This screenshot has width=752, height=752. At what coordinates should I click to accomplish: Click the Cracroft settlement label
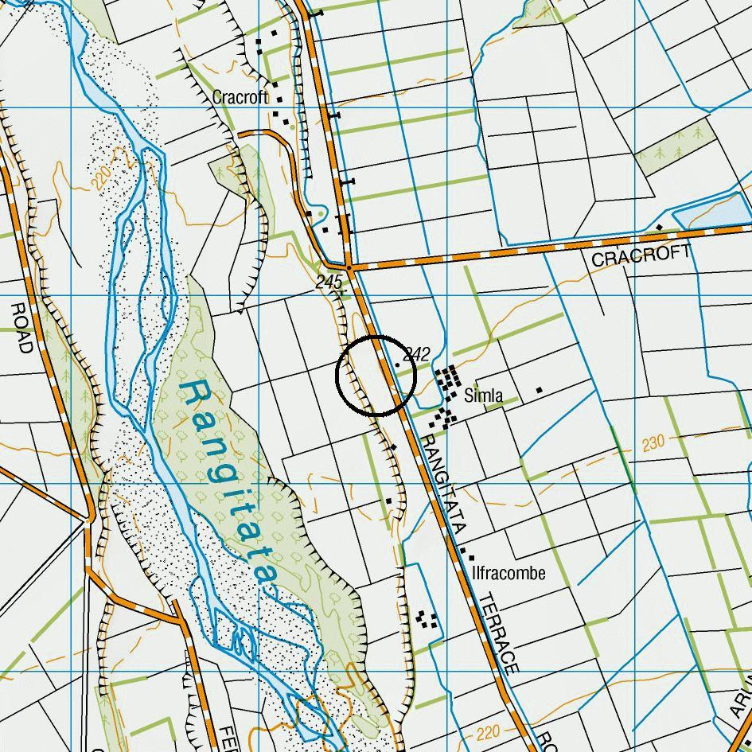(x=240, y=97)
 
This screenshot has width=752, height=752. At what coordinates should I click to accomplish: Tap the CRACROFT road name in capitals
(x=641, y=256)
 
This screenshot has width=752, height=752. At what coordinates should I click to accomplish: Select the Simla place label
(x=483, y=395)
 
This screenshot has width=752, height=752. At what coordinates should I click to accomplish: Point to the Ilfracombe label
(x=508, y=573)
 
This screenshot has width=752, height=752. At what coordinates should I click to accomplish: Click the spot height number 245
(x=329, y=282)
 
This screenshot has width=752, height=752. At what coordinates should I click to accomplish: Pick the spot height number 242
(x=417, y=354)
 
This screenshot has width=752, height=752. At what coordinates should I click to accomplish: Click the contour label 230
(x=653, y=442)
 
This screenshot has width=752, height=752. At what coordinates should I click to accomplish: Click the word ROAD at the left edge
(x=21, y=326)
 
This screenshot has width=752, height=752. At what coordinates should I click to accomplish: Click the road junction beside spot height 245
(x=349, y=267)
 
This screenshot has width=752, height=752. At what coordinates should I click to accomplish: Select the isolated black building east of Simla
(x=539, y=390)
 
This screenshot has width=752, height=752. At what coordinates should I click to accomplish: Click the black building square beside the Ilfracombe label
(x=470, y=559)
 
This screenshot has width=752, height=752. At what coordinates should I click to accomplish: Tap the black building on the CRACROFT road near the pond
(x=659, y=228)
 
